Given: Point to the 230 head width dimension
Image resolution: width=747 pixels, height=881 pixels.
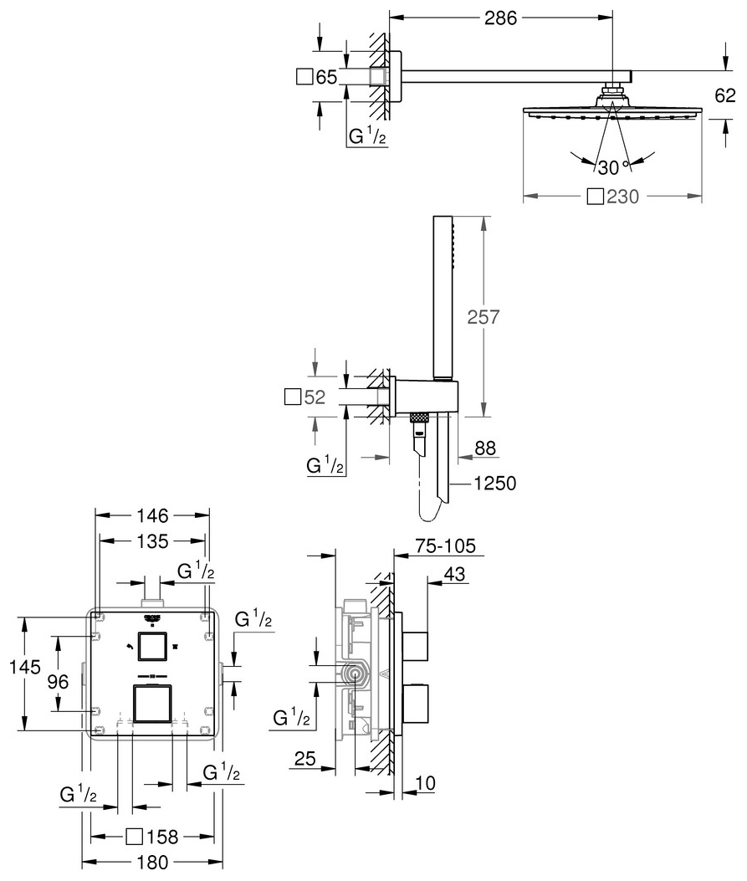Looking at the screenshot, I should pos(622,197).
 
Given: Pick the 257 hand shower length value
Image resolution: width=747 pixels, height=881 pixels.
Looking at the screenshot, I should pos(483,317).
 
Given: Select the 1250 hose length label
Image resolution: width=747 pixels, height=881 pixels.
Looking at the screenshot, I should pos(493,484).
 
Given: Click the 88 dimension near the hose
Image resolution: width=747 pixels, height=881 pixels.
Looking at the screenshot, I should pos(485,448).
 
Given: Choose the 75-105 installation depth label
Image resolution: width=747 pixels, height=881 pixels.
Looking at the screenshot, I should pos(447,546).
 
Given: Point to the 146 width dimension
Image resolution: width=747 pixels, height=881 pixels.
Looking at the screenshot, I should pos(152,515).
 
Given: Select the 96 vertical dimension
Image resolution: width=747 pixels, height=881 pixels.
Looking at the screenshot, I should pos(58,682).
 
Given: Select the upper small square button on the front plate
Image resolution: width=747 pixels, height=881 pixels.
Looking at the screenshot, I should pos(152,647).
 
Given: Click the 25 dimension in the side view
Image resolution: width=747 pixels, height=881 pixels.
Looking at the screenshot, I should pos(305,759).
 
